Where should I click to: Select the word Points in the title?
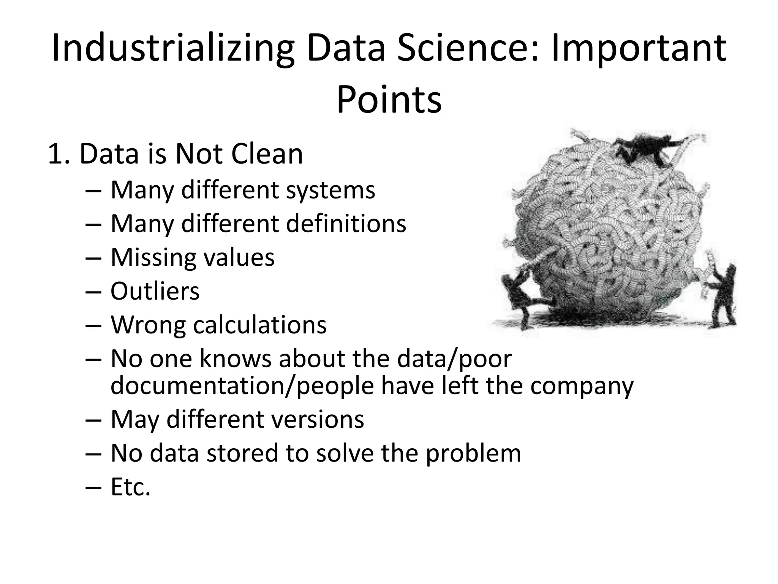point(389,100)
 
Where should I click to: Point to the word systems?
point(330,190)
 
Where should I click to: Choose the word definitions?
point(346,224)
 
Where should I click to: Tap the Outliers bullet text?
point(155,291)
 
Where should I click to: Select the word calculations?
point(260,325)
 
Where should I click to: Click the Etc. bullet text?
point(131,487)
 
